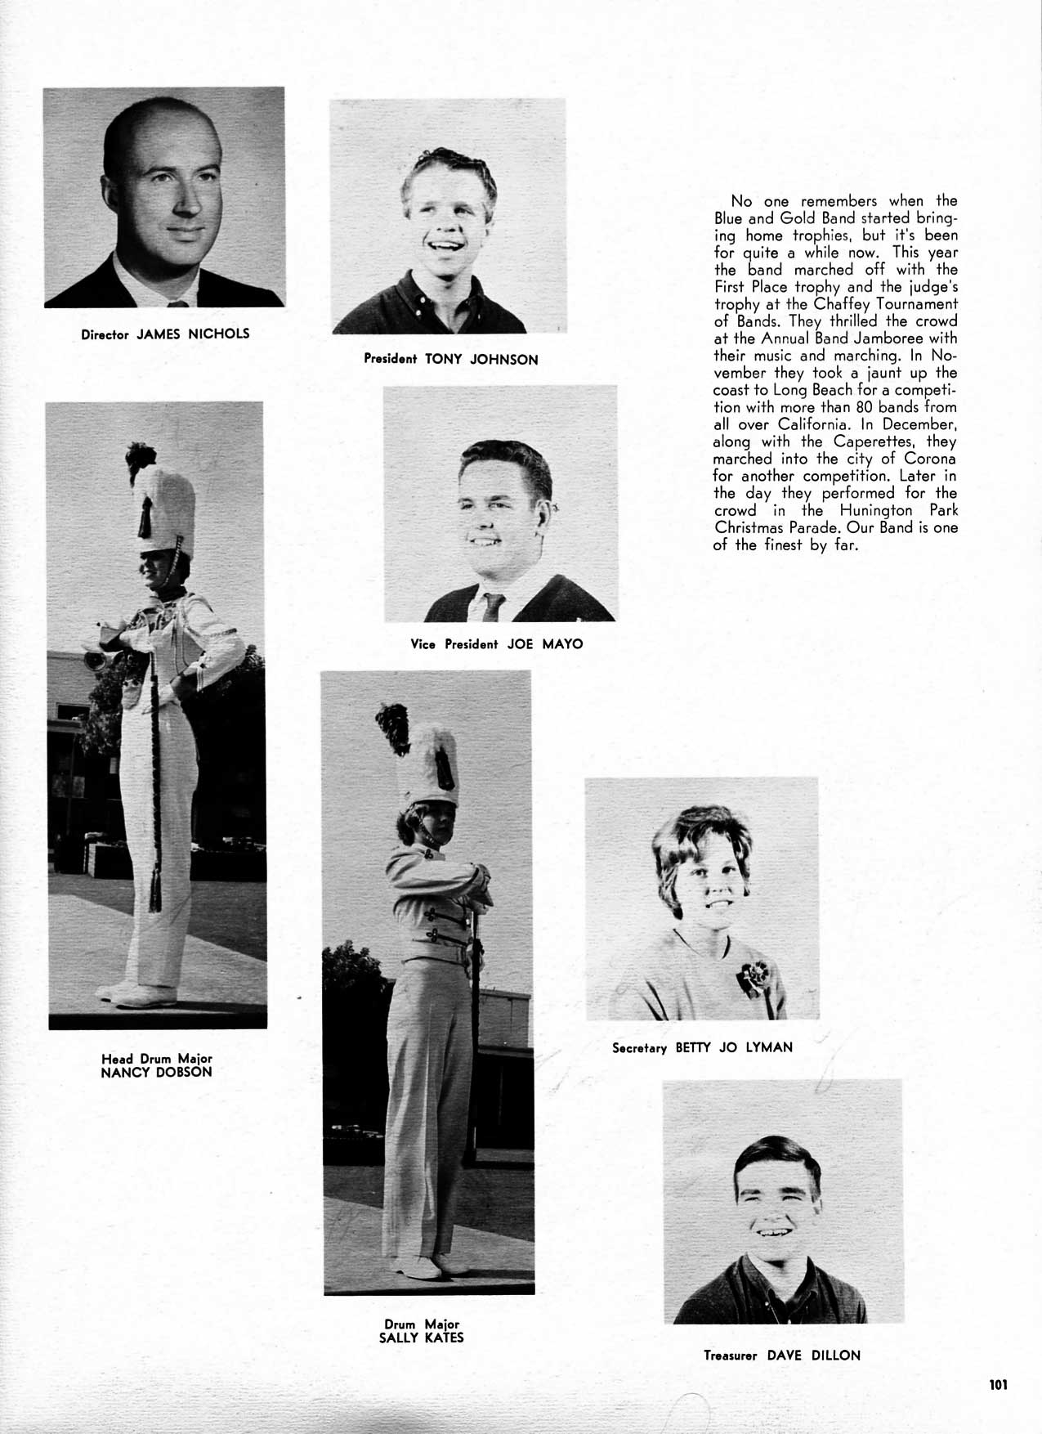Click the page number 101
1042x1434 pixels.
(x=997, y=1384)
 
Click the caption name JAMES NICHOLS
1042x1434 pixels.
(x=192, y=334)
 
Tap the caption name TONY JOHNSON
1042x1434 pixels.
(x=481, y=359)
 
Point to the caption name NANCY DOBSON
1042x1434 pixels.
(x=156, y=1072)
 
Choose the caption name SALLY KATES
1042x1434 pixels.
(x=422, y=1338)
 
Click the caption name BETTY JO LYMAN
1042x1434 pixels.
(x=734, y=1046)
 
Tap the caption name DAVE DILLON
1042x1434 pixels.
(x=813, y=1355)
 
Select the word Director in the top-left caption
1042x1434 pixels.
(x=105, y=334)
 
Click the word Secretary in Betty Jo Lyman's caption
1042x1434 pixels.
(x=640, y=1047)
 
